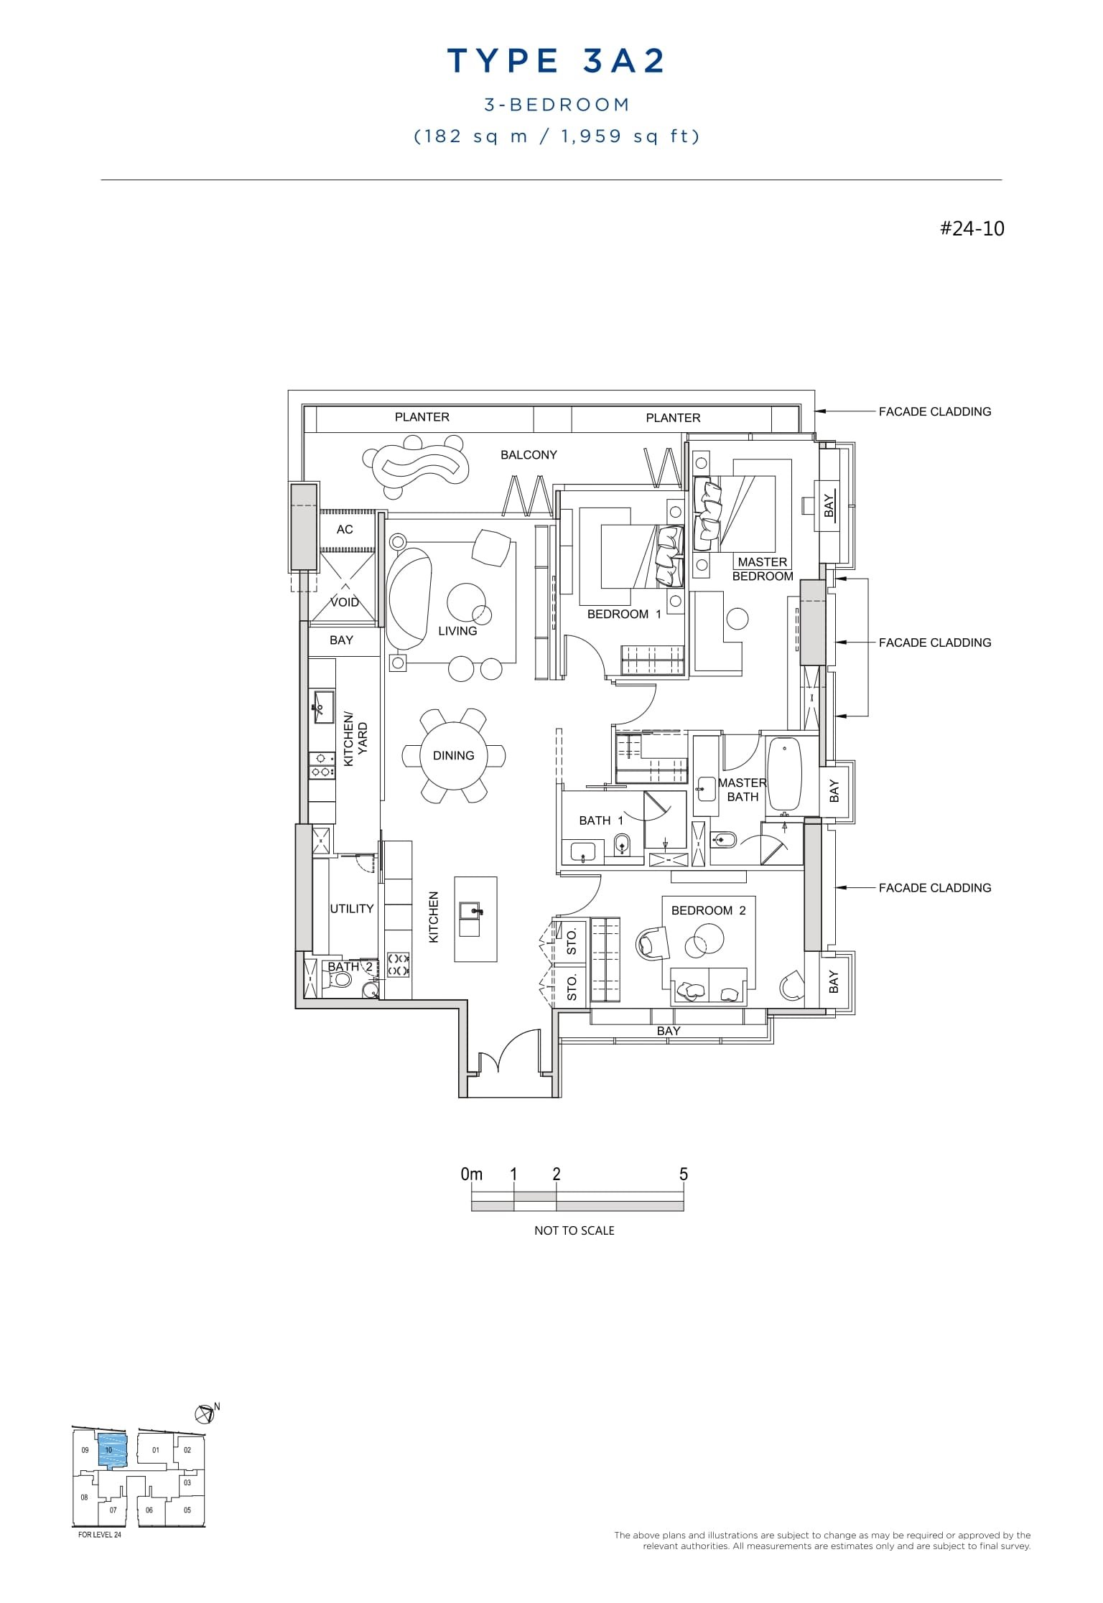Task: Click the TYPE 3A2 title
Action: tap(557, 61)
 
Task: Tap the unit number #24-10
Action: tap(972, 229)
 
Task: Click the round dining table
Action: tap(453, 756)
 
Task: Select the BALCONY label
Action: tap(529, 455)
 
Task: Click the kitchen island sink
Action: tap(474, 911)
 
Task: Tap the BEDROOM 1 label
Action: tap(623, 614)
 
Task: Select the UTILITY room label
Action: tap(351, 909)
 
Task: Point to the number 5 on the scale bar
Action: tap(683, 1174)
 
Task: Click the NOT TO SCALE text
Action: tap(574, 1230)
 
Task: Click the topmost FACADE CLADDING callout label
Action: tap(934, 412)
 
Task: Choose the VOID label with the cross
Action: tap(344, 602)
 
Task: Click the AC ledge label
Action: tap(345, 530)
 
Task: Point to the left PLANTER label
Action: tap(422, 417)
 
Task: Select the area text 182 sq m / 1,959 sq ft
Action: tap(557, 136)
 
